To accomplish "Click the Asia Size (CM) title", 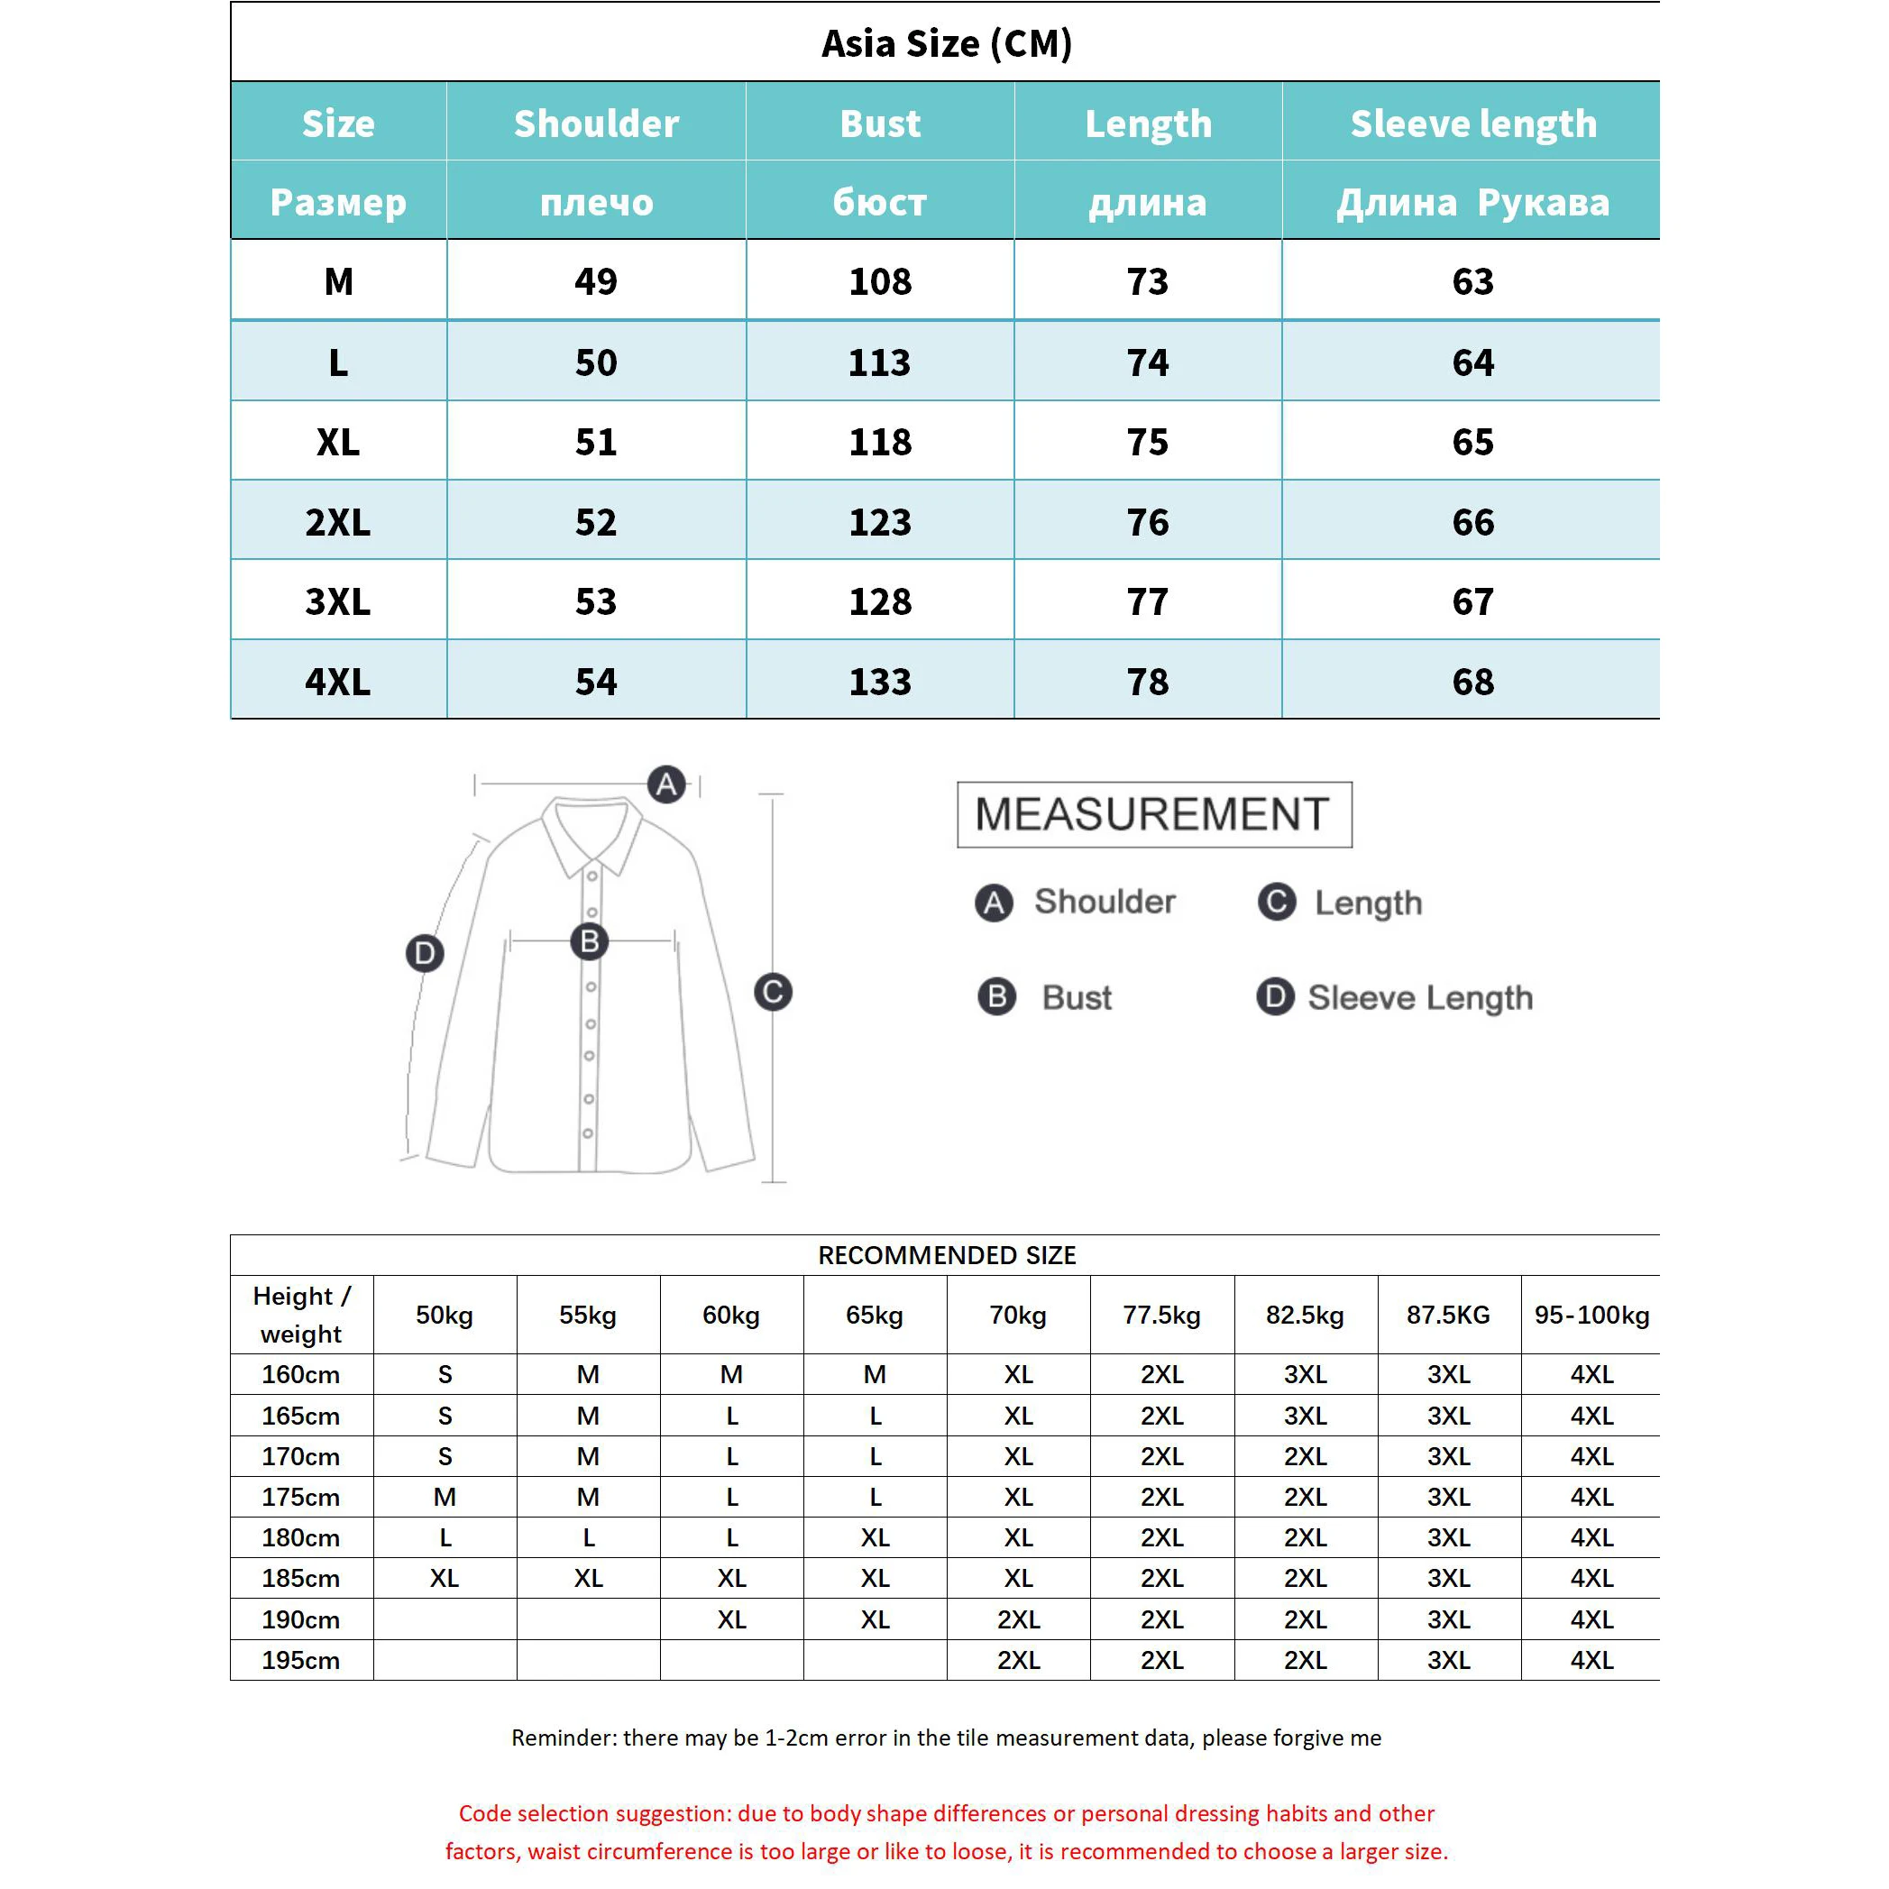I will tap(947, 43).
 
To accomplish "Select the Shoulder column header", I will tap(595, 124).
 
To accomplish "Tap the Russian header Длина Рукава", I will tap(1472, 202).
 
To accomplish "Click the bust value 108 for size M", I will tap(880, 281).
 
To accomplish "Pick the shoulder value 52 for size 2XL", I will tap(595, 522).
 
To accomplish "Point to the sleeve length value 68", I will tap(1472, 682).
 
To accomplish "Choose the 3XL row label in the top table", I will tap(337, 601).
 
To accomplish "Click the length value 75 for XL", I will tap(1147, 442).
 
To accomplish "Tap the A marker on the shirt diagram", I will tap(667, 784).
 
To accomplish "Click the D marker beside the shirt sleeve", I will tap(425, 952).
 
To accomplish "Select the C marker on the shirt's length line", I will tap(773, 992).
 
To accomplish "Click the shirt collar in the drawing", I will tap(592, 831).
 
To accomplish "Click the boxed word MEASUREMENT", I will tap(1154, 813).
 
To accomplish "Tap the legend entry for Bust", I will tap(1076, 997).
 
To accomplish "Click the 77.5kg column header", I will tap(1161, 1315).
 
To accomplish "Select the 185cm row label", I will tap(300, 1578).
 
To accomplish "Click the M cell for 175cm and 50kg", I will tap(445, 1497).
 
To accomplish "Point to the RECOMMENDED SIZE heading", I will tap(947, 1255).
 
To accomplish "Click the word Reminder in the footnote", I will tap(563, 1738).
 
